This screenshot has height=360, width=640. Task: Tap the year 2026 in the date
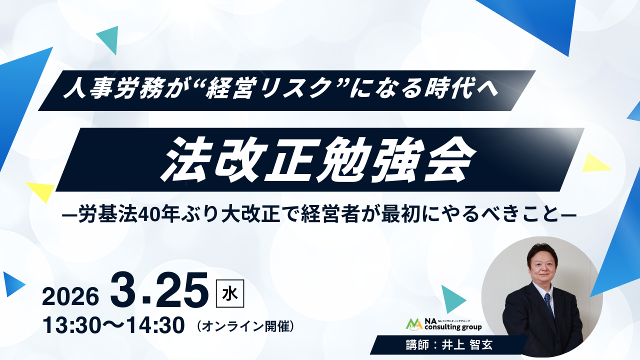point(70,297)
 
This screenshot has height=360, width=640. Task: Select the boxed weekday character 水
point(230,293)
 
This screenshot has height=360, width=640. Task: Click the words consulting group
point(453,327)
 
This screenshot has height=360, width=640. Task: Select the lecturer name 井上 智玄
point(467,345)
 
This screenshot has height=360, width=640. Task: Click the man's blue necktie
point(549,305)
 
